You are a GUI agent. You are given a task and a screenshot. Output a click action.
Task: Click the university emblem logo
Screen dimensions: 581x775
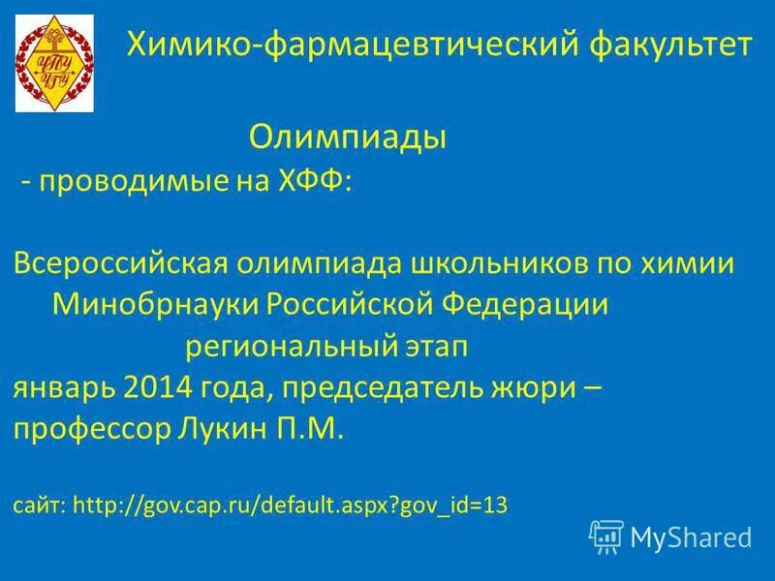coord(54,63)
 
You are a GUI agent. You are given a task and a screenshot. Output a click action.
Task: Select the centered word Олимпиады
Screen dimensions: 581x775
coord(348,137)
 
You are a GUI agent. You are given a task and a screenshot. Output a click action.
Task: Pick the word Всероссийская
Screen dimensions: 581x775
coord(121,264)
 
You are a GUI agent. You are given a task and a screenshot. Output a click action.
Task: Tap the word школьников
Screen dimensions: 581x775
coord(488,264)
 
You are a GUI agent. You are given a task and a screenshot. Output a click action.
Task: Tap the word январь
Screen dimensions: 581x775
coord(63,388)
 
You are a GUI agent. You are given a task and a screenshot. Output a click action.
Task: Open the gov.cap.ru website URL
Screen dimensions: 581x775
coord(291,505)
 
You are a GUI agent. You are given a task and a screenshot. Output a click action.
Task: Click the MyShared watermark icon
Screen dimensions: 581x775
coord(605,535)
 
